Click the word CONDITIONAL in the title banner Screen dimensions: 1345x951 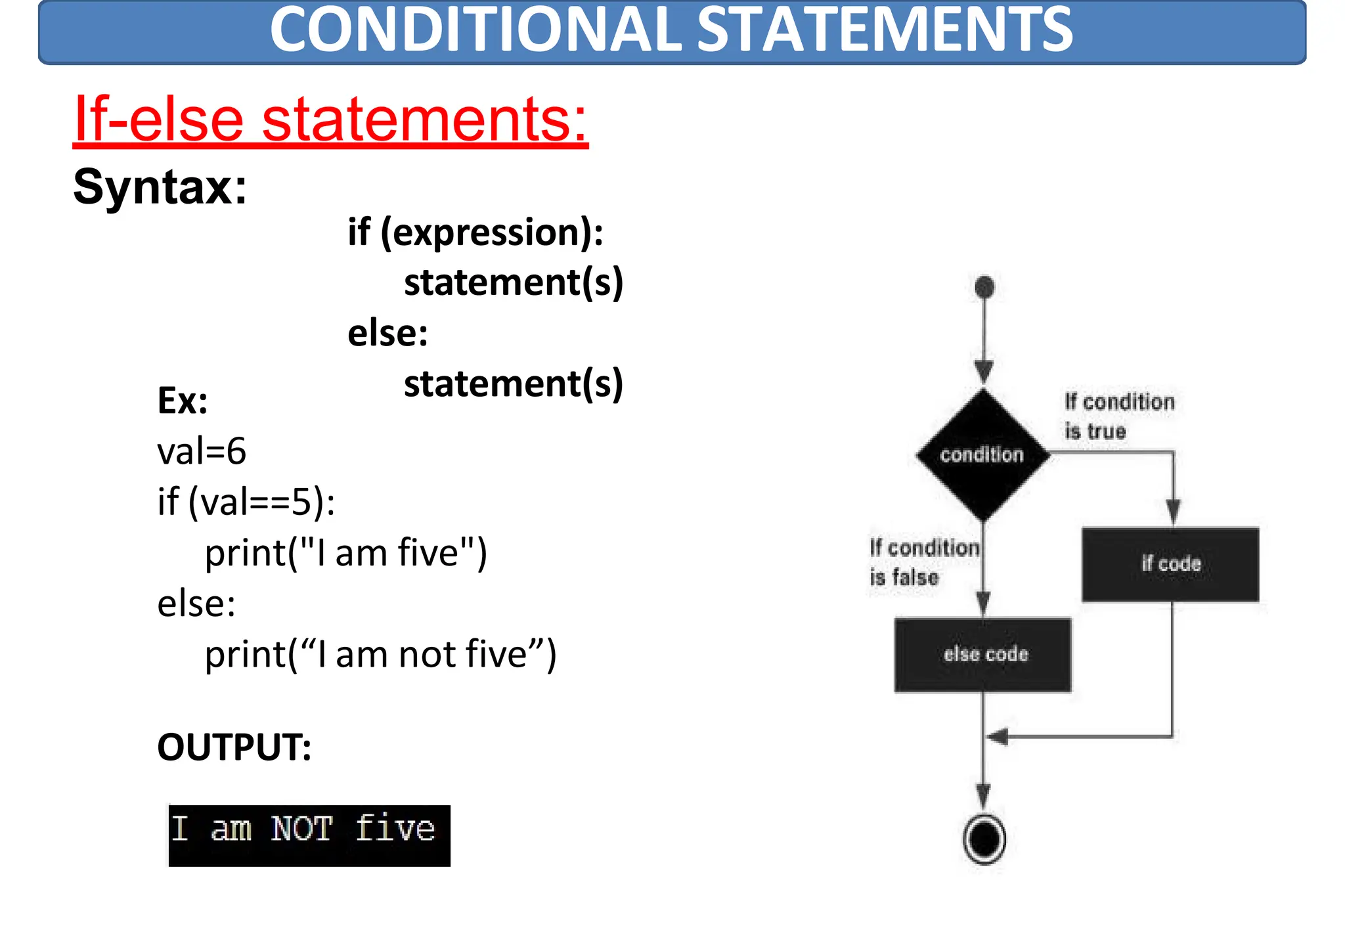tap(475, 30)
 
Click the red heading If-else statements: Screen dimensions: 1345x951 tap(330, 120)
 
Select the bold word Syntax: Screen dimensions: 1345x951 tap(160, 187)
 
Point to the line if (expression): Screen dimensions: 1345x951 tap(475, 232)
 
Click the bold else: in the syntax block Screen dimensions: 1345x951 tap(387, 334)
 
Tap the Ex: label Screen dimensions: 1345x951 tap(182, 401)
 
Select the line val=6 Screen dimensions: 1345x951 tap(202, 452)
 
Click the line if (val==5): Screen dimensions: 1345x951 tap(246, 502)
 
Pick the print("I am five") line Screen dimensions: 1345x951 tap(346, 553)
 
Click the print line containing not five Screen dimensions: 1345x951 tap(380, 655)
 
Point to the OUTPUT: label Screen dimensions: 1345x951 tap(234, 747)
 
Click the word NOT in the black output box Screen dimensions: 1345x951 tap(301, 829)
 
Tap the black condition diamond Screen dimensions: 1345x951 tap(982, 454)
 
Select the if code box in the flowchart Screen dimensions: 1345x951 tap(1170, 564)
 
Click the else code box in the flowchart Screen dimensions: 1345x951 tap(983, 655)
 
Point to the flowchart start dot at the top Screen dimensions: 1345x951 tap(984, 287)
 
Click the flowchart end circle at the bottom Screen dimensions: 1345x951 tap(984, 839)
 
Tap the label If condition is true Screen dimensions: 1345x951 tap(1119, 416)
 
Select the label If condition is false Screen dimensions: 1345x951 tap(923, 562)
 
